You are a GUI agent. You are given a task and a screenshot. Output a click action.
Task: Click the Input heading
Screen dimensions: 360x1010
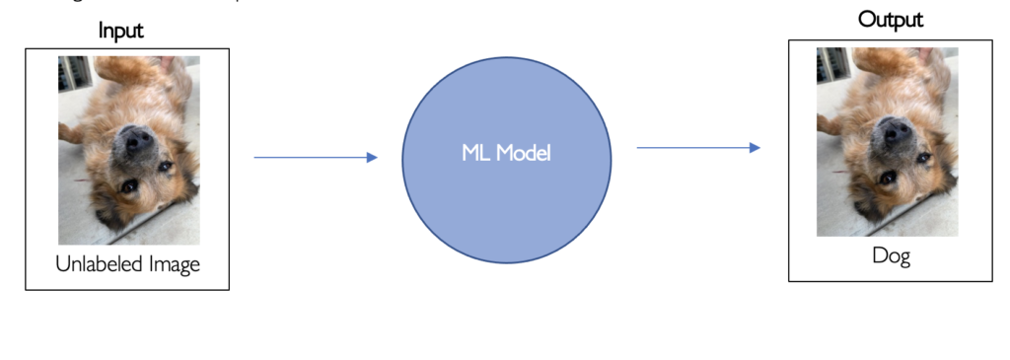point(120,31)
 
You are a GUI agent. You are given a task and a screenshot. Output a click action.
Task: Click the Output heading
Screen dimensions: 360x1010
point(890,20)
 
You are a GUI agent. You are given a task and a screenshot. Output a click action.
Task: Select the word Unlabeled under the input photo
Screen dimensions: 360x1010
point(102,263)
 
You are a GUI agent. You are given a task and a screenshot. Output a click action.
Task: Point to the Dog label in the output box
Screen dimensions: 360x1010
point(891,256)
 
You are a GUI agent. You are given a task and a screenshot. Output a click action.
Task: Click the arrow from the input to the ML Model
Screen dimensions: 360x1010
point(315,157)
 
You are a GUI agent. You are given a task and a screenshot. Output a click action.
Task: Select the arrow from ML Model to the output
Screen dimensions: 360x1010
point(697,148)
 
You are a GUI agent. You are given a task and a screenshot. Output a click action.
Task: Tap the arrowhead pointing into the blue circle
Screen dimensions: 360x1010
point(372,157)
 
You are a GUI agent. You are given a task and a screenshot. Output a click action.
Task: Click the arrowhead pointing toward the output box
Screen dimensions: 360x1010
point(755,148)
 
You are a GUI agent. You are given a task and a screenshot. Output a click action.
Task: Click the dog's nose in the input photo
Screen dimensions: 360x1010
point(137,139)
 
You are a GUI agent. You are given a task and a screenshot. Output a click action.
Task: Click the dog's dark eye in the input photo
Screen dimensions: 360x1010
point(130,184)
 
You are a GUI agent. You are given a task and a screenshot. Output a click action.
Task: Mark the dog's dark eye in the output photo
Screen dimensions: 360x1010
point(889,177)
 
